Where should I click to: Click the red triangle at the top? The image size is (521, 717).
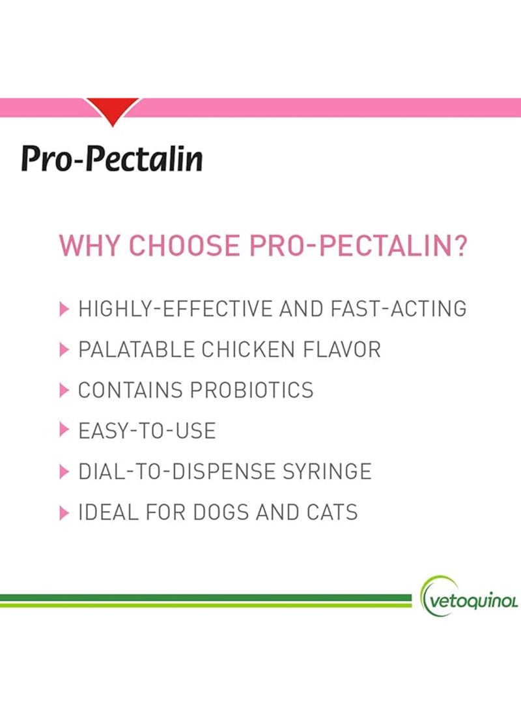pos(113,110)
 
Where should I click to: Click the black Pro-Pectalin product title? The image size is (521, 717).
pos(111,158)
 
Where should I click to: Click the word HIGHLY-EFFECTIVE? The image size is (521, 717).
pos(176,309)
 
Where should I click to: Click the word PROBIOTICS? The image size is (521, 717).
pos(252,390)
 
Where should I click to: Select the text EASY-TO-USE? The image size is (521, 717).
pos(147,431)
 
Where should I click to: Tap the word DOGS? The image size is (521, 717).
pos(221,512)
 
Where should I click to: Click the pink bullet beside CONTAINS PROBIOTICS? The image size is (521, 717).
pos(64,390)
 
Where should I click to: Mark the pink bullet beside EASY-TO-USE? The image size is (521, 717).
pos(64,432)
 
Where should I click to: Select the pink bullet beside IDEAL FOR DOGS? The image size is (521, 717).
pos(64,512)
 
